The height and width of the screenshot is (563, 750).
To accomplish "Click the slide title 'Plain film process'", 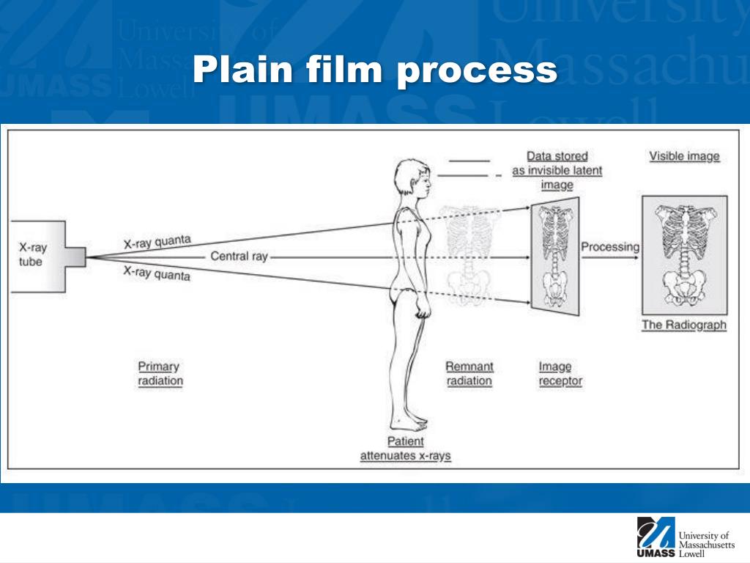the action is pos(375,70).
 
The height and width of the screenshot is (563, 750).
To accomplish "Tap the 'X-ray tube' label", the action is pos(32,254).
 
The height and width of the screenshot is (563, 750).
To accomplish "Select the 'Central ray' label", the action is pos(240,256).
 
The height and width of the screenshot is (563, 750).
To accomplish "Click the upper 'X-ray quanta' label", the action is pos(157,242).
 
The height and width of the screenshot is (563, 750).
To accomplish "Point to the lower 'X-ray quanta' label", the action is pos(157,273).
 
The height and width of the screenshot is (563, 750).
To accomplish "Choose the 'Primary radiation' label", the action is pos(160,373).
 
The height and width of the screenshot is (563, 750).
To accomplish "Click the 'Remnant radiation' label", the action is pos(469,373).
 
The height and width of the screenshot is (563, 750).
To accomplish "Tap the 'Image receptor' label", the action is pos(560,373).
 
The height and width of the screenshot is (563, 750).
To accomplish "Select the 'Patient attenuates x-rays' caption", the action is pos(405,449).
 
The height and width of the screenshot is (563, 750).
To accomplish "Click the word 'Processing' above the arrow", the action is pos(610,247).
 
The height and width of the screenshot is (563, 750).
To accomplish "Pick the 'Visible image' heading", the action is pos(684,156).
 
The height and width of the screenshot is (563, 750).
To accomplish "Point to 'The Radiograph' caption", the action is pos(684,325).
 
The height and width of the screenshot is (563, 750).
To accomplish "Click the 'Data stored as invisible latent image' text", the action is pos(557,170).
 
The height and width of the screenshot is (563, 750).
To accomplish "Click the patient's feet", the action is pos(409,423).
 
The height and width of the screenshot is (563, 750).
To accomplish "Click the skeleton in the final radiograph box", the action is pos(685,255).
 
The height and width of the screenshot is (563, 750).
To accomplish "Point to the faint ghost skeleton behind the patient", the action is pos(469,254).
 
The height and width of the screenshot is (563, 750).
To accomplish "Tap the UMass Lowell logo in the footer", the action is pos(685,537).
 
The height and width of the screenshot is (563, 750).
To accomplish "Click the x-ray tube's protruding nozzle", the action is pos(75,257).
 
